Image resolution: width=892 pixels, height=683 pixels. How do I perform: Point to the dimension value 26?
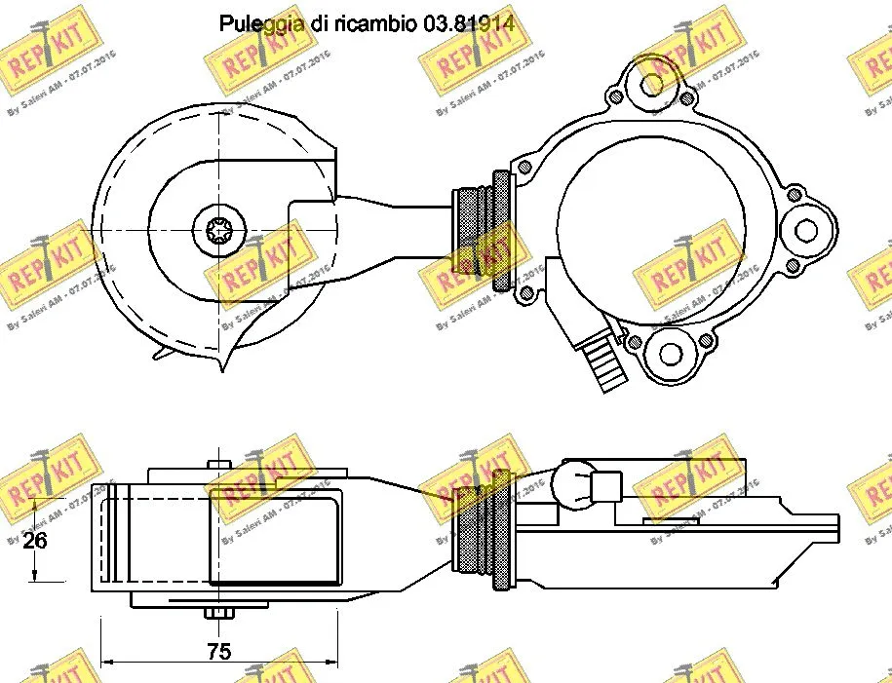click(x=35, y=541)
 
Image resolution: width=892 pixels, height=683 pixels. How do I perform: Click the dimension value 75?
click(x=220, y=652)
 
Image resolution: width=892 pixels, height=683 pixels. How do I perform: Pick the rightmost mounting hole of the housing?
click(x=805, y=230)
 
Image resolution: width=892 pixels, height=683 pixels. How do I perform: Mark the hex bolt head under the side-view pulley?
click(x=218, y=614)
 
